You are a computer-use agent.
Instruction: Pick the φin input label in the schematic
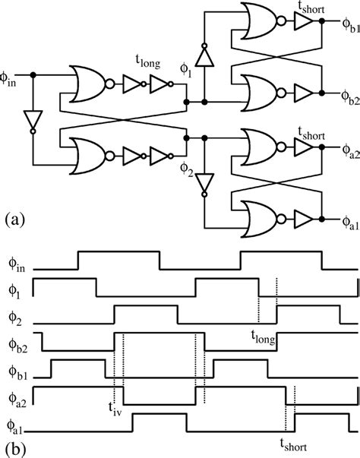15,79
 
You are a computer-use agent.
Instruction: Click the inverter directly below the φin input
32,119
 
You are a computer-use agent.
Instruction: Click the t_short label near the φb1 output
311,7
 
